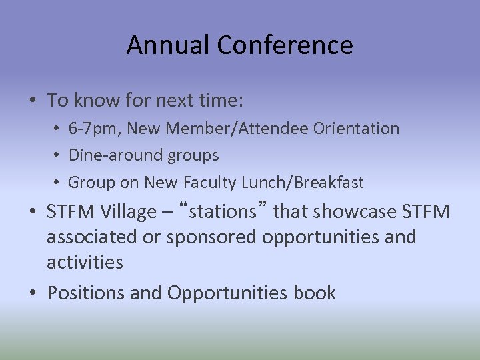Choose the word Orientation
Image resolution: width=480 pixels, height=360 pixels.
(x=357, y=128)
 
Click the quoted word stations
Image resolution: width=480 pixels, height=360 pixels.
(x=223, y=212)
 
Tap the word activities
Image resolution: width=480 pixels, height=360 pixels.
(x=85, y=262)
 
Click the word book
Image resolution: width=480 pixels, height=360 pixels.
(x=315, y=293)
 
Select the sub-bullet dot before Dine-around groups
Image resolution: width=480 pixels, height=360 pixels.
(x=59, y=155)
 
